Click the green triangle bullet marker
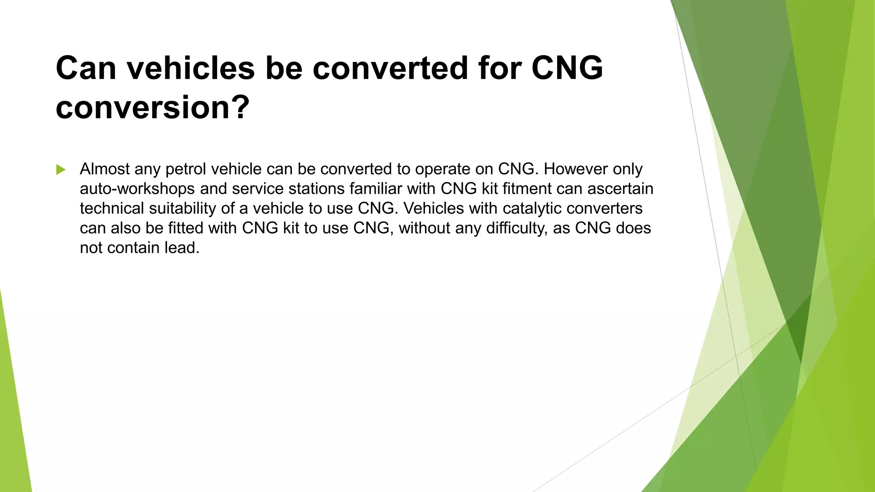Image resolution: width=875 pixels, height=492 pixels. pos(61,170)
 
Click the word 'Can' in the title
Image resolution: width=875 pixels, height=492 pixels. pos(86,68)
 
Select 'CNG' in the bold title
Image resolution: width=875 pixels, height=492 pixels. pos(567,68)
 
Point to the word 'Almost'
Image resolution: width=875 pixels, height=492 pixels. pos(105,169)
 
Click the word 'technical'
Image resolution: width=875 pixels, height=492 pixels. pos(112,208)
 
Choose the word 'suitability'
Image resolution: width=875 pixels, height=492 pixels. pos(183,208)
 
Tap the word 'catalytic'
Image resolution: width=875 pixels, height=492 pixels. pos(532,208)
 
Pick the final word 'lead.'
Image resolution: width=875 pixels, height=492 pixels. pos(182,248)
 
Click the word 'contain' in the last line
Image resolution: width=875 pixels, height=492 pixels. pos(133,248)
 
